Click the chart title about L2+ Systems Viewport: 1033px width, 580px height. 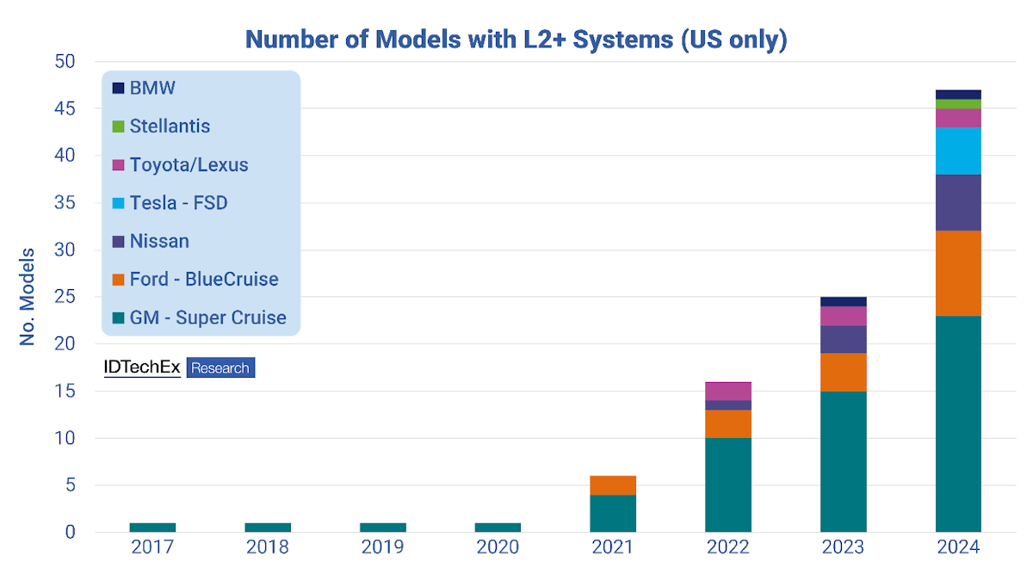coord(516,39)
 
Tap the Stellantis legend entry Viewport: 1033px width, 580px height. coord(170,126)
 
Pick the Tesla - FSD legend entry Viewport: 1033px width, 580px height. coord(178,203)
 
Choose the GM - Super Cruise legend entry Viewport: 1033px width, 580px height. coord(207,318)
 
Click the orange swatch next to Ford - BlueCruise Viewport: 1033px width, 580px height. coord(119,280)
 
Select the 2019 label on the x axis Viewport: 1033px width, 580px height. coord(383,547)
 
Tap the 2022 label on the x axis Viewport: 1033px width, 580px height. coord(728,547)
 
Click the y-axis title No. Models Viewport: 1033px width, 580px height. coord(28,297)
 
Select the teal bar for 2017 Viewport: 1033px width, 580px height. coord(152,528)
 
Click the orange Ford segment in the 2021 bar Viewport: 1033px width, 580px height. coord(613,485)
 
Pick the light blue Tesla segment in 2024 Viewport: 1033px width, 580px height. coord(958,151)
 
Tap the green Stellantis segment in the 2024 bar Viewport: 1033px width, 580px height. coord(958,104)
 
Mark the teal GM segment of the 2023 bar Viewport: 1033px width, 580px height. coord(844,461)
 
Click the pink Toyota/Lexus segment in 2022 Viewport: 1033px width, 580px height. coord(728,392)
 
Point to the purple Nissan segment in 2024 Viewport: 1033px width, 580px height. coord(958,203)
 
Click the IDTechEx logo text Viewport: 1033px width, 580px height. coord(142,367)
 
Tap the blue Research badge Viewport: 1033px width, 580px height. coord(220,368)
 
